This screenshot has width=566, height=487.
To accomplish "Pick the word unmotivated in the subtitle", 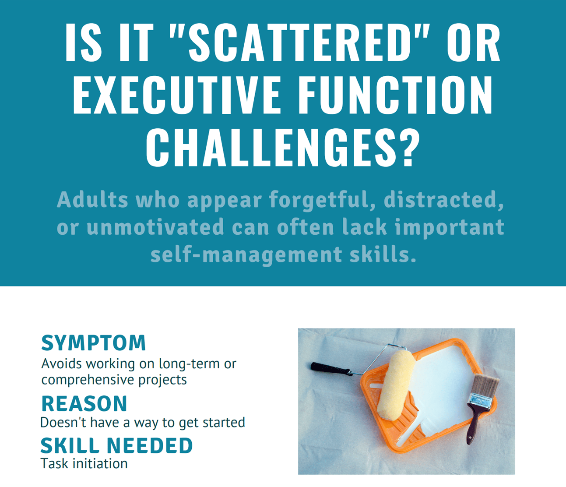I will [x=155, y=227].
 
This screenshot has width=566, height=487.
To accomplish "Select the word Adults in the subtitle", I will [x=92, y=200].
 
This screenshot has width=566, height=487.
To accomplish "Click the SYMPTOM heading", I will [x=93, y=343].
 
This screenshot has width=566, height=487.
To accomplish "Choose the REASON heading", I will [x=84, y=404].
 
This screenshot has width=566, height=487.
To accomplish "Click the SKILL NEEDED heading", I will [x=116, y=446].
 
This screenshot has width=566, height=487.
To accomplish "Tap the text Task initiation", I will [x=84, y=463].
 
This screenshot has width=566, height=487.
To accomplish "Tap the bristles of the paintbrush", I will [x=486, y=385].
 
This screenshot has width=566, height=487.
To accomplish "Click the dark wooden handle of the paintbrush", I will [x=472, y=425].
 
